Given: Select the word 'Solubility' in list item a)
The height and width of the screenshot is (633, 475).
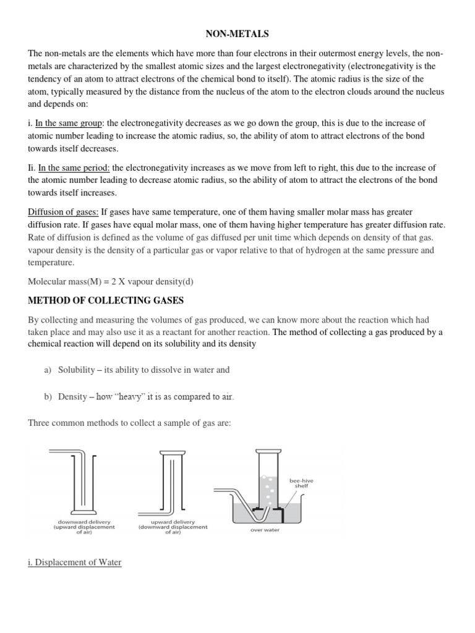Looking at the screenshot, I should click(78, 370).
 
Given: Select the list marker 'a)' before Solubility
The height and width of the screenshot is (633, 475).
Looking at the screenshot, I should click(48, 370).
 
